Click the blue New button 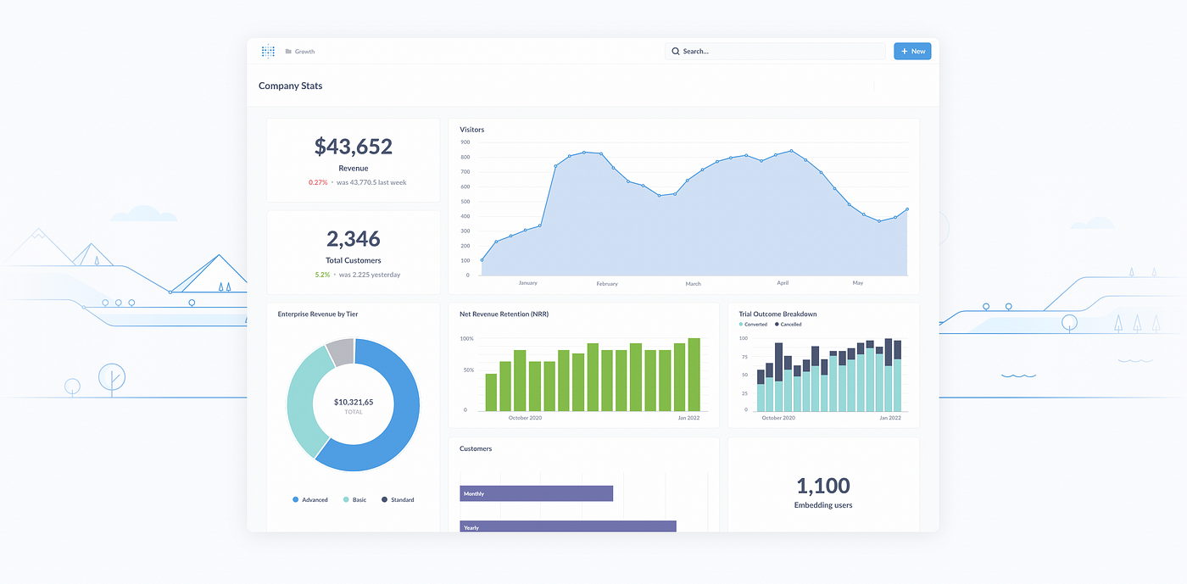point(912,52)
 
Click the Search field point(775,52)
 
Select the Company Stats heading point(290,86)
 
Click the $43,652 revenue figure point(354,147)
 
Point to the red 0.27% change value point(318,182)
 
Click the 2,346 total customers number point(354,239)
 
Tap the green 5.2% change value point(322,275)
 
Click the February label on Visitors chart point(607,284)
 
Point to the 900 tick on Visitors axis point(465,142)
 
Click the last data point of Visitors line point(907,209)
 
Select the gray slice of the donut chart point(341,352)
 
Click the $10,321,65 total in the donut point(354,402)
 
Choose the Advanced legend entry point(310,500)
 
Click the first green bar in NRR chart point(491,392)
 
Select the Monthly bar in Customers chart point(536,493)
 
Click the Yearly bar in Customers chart point(568,526)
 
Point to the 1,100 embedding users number point(823,486)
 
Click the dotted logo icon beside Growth point(268,51)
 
